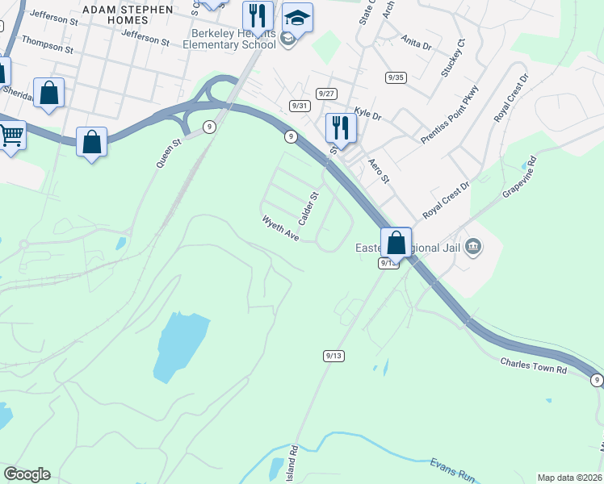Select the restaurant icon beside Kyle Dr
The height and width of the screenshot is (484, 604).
click(x=340, y=127)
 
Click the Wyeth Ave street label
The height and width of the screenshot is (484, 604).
click(x=280, y=228)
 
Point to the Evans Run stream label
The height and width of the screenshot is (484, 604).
click(x=449, y=471)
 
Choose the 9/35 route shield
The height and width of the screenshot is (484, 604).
click(x=396, y=77)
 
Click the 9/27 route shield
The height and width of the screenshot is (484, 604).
click(x=326, y=94)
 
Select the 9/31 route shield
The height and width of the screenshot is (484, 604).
click(x=300, y=106)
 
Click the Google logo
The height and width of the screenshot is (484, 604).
click(x=27, y=474)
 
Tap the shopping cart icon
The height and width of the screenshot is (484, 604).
click(x=10, y=136)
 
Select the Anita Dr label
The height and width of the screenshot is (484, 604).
click(x=416, y=42)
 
